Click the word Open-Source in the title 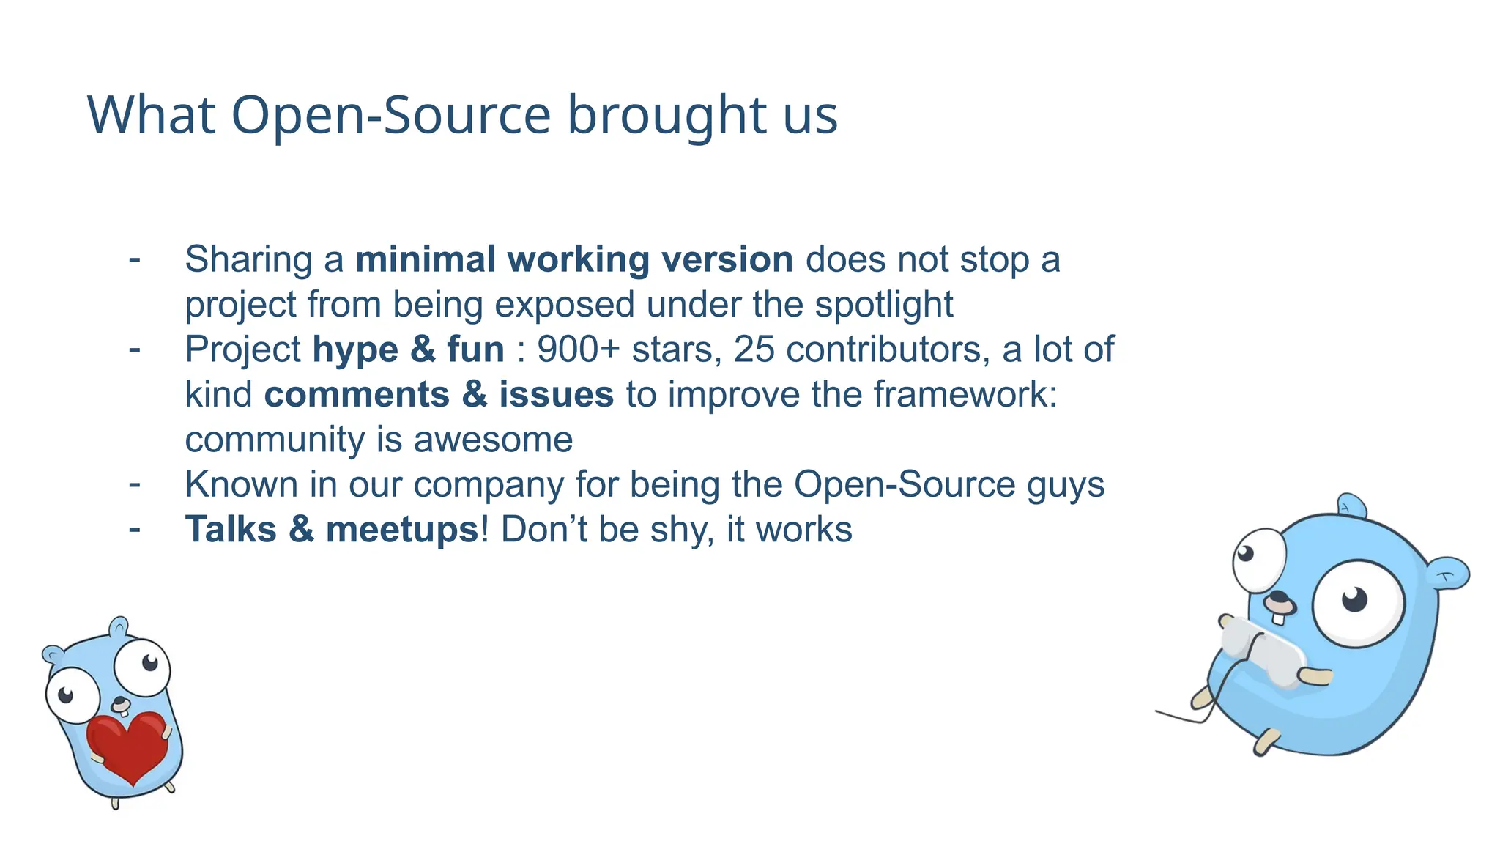tap(391, 116)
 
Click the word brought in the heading tap(664, 116)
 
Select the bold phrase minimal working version tap(573, 259)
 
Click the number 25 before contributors tap(754, 349)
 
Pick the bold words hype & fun tap(408, 349)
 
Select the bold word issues tap(556, 395)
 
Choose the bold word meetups tap(401, 530)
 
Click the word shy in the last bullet tap(680, 530)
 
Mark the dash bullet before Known tap(135, 484)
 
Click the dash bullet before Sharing tap(135, 258)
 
